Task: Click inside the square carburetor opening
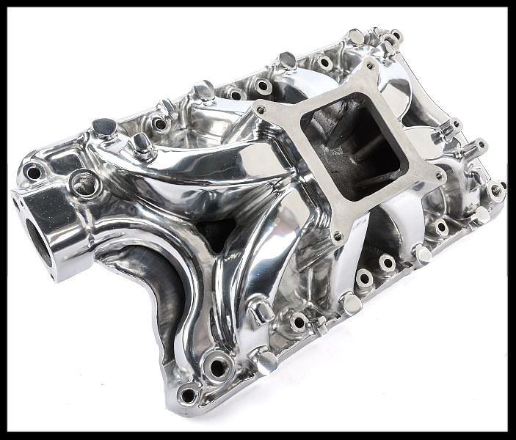click(352, 147)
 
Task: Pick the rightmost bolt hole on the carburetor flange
click(440, 176)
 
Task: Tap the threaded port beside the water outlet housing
click(84, 184)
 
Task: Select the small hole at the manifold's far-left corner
click(33, 173)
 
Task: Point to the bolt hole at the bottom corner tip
click(188, 395)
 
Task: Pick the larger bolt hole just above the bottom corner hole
click(217, 362)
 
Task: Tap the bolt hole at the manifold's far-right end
click(497, 190)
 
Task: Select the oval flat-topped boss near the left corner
click(105, 125)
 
